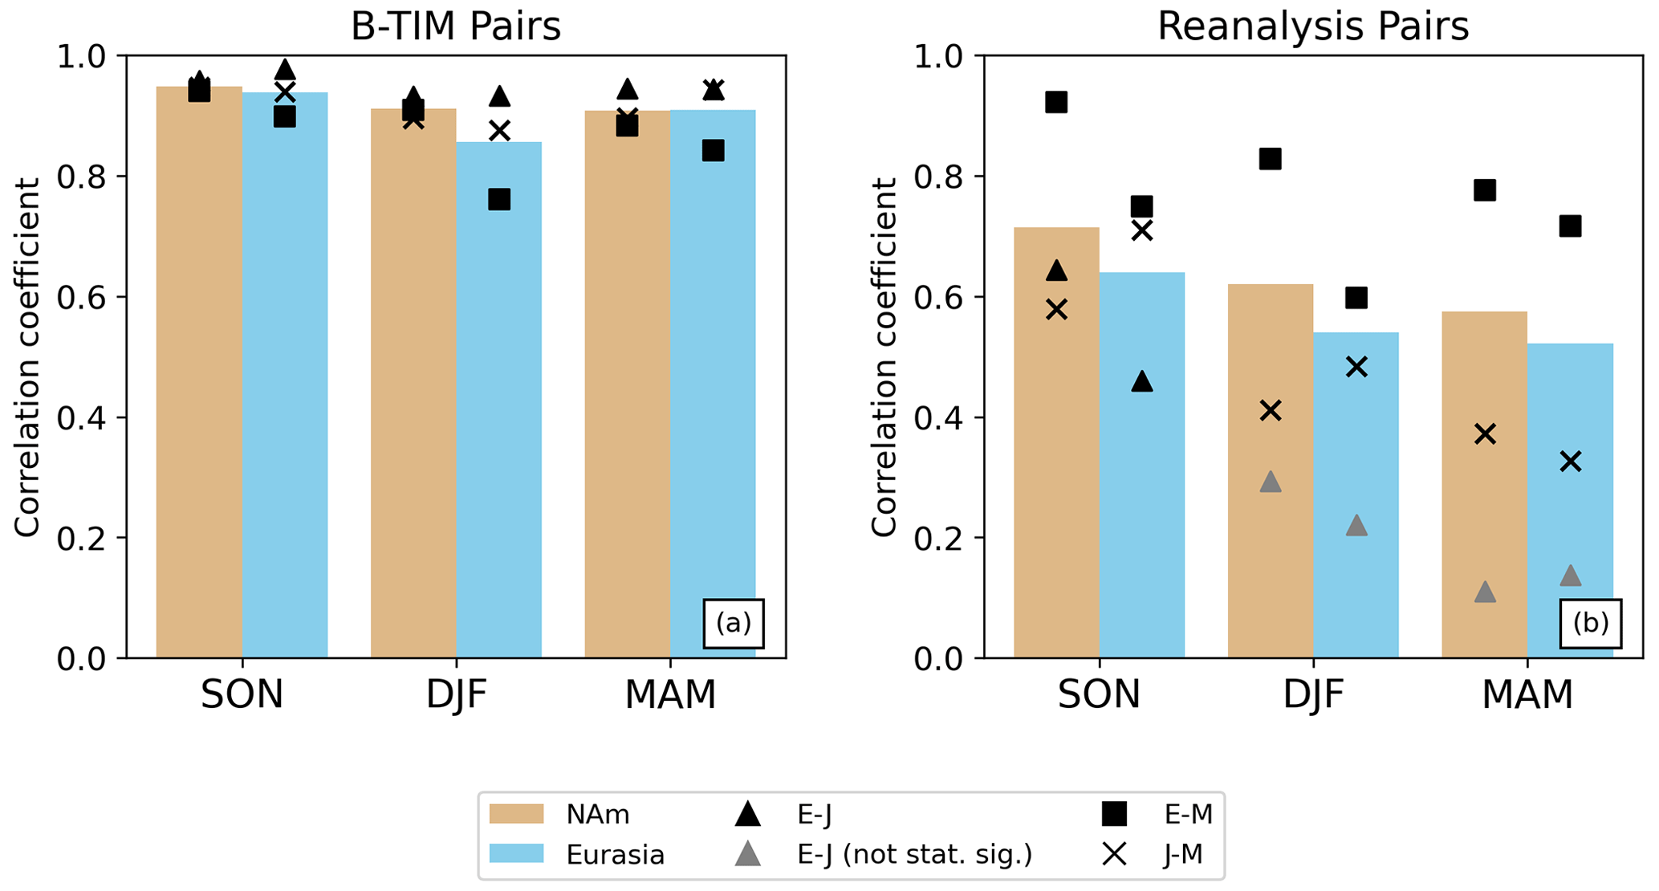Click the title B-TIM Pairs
(x=455, y=26)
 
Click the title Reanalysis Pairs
(x=1312, y=26)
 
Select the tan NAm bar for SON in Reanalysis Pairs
(x=1056, y=441)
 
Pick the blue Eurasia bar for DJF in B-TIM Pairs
(x=498, y=401)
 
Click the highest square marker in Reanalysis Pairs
(x=1056, y=102)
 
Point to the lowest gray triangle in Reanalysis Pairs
(x=1485, y=592)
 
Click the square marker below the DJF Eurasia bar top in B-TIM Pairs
(x=499, y=199)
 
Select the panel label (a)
(x=734, y=623)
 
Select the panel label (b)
(x=1590, y=623)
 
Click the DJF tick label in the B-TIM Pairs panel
(x=456, y=694)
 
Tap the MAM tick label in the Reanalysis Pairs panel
(x=1527, y=694)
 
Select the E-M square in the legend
(x=1115, y=815)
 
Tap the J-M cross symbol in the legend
(x=1115, y=855)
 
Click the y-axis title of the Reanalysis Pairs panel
(x=884, y=357)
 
